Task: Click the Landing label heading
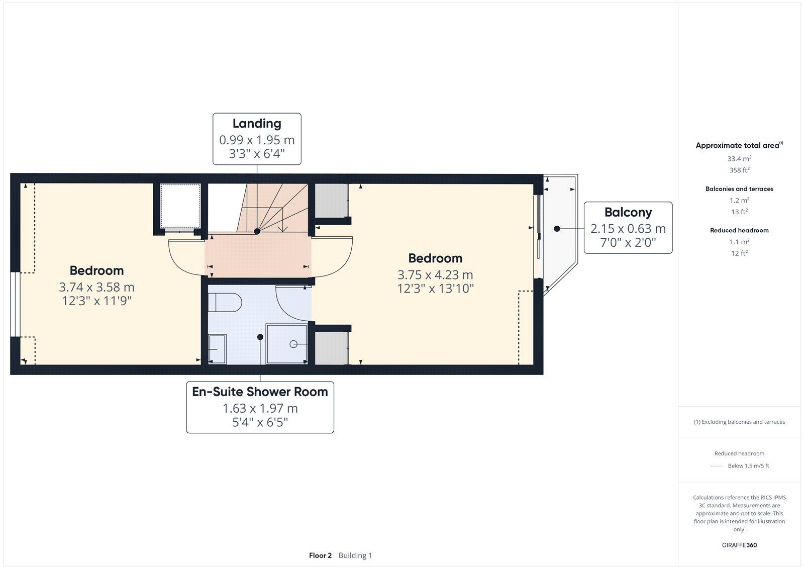[257, 124]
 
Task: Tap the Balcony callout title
[628, 212]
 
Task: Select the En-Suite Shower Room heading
[260, 392]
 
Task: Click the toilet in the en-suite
[225, 302]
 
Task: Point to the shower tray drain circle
[293, 344]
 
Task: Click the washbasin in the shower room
[217, 348]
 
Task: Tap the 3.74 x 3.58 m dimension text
[96, 287]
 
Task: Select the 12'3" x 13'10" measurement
[435, 289]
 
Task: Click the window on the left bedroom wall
[15, 304]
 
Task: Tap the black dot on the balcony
[557, 229]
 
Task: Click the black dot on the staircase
[257, 231]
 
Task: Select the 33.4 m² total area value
[739, 158]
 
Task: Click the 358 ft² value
[739, 170]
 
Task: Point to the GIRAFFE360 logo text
[739, 545]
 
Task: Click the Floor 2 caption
[320, 555]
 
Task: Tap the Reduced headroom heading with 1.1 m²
[739, 230]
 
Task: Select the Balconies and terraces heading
[739, 189]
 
